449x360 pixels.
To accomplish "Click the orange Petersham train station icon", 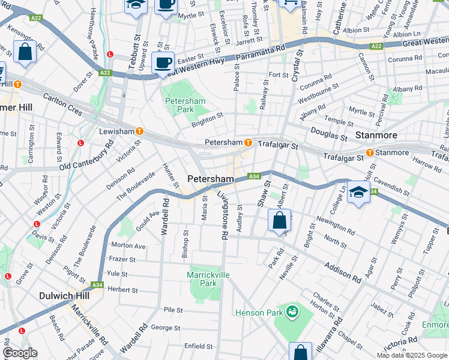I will [248, 142].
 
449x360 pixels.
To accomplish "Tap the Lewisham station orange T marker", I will [139, 131].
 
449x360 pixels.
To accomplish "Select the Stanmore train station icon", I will [370, 152].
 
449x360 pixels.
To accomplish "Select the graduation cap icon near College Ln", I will [358, 192].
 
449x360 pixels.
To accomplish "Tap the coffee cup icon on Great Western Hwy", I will [163, 62].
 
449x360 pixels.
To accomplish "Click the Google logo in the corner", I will [20, 353].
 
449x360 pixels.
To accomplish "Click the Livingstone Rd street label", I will [223, 216].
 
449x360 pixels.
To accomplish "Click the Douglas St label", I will [328, 133].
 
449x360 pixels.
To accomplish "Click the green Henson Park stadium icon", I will [292, 311].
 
